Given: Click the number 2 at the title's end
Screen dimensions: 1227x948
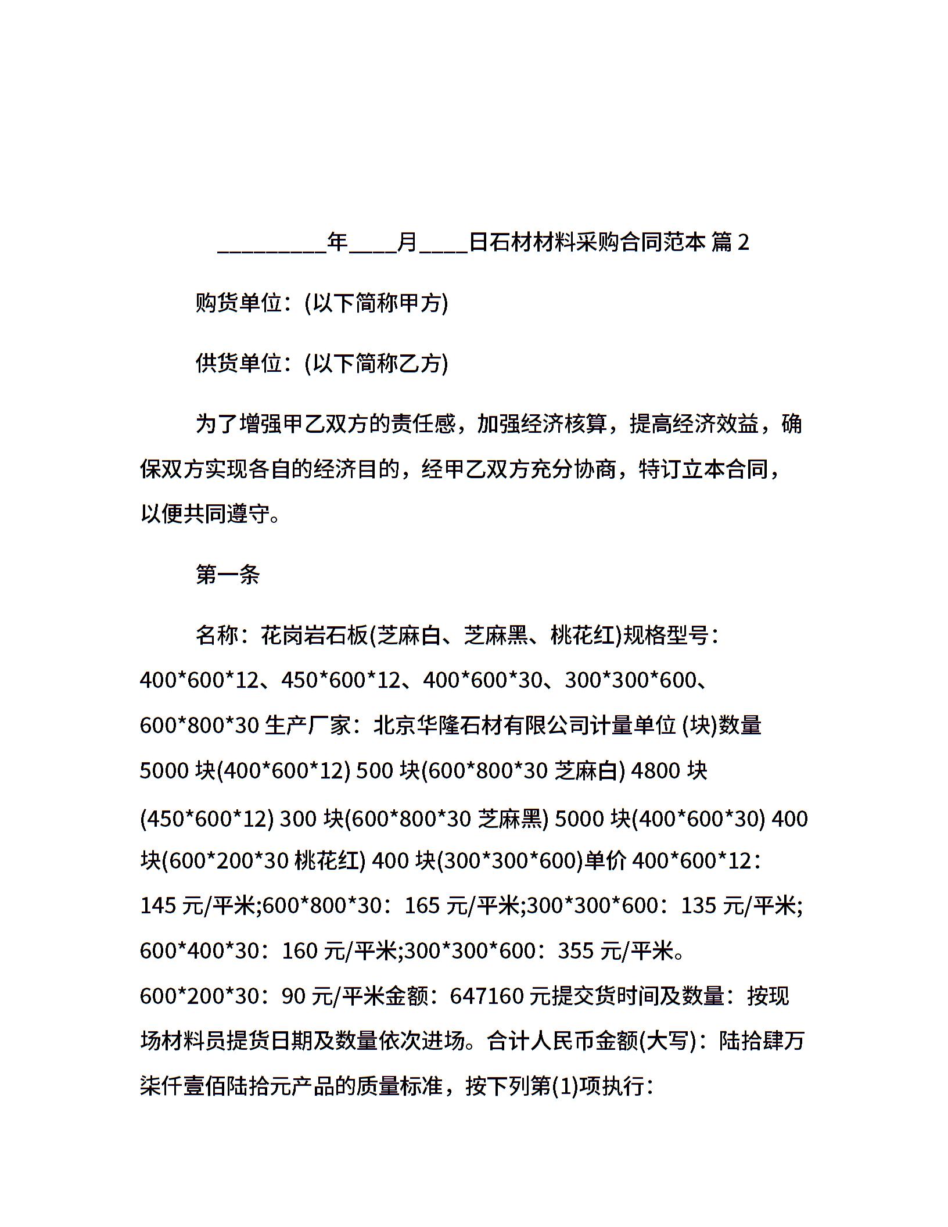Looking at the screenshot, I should (x=742, y=242).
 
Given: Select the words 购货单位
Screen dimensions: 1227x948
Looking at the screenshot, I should (x=239, y=303).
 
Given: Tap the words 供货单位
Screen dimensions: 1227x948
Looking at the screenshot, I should (x=239, y=363).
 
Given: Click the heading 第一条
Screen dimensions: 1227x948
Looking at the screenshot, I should (x=228, y=575).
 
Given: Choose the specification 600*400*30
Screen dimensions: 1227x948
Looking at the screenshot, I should (x=199, y=950).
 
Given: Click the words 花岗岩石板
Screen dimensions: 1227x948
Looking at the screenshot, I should (x=315, y=635).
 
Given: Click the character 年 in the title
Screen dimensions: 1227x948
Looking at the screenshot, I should (x=337, y=242).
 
